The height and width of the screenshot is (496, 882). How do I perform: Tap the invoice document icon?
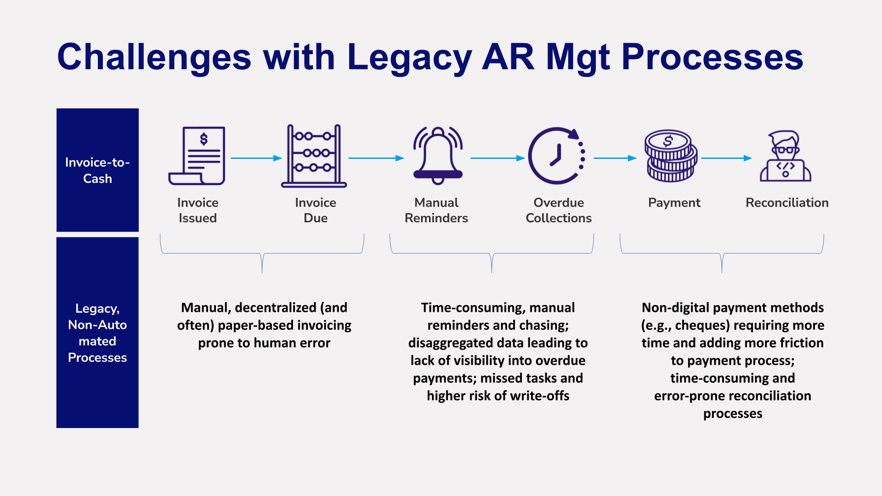pyautogui.click(x=198, y=156)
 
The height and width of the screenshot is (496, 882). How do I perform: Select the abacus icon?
pyautogui.click(x=314, y=156)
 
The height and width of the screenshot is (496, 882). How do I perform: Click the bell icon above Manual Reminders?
pyautogui.click(x=438, y=156)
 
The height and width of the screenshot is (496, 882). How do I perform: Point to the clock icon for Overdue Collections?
pyautogui.click(x=556, y=156)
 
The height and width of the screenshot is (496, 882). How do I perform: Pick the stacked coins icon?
pyautogui.click(x=671, y=156)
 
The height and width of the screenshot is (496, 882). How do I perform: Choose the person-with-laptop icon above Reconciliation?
pyautogui.click(x=786, y=156)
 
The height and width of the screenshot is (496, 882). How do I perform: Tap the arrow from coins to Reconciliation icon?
pyautogui.click(x=726, y=158)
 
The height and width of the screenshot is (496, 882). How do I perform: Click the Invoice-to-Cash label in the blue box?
pyautogui.click(x=97, y=170)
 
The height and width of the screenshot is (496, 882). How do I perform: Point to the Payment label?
pyautogui.click(x=674, y=203)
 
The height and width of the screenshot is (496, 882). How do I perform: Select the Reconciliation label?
pyautogui.click(x=787, y=203)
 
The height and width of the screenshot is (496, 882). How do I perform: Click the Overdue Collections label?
pyautogui.click(x=559, y=210)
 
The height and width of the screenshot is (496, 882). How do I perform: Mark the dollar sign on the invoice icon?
pyautogui.click(x=204, y=139)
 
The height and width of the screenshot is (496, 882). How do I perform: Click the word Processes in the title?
pyautogui.click(x=712, y=57)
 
